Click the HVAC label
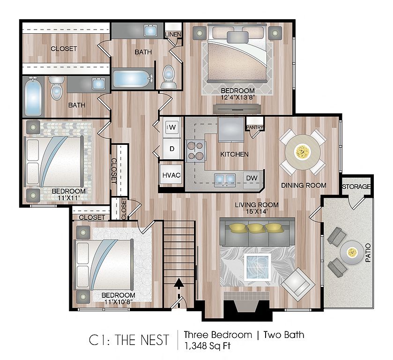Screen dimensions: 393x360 [x=171, y=175]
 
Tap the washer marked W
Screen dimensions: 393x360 [x=172, y=127]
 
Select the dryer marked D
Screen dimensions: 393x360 [x=172, y=149]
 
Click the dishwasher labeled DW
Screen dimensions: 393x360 [x=252, y=178]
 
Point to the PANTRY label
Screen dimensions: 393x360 [x=255, y=127]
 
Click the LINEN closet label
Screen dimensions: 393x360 [x=173, y=34]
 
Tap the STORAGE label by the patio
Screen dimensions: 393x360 [x=356, y=187]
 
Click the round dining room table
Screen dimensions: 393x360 [x=303, y=152]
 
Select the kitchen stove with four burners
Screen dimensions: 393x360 [x=196, y=151]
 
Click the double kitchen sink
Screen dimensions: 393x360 [x=225, y=179]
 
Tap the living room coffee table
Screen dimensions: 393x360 [x=258, y=267]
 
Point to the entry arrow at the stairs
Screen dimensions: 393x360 [x=179, y=293]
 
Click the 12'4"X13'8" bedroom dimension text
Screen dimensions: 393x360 [x=237, y=97]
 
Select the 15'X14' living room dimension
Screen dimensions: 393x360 [x=257, y=211]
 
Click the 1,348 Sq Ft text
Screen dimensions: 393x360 [x=208, y=346]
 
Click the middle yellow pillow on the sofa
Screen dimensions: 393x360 [x=255, y=228]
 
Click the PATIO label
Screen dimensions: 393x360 [x=368, y=253]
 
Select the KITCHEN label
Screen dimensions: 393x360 [x=234, y=154]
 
